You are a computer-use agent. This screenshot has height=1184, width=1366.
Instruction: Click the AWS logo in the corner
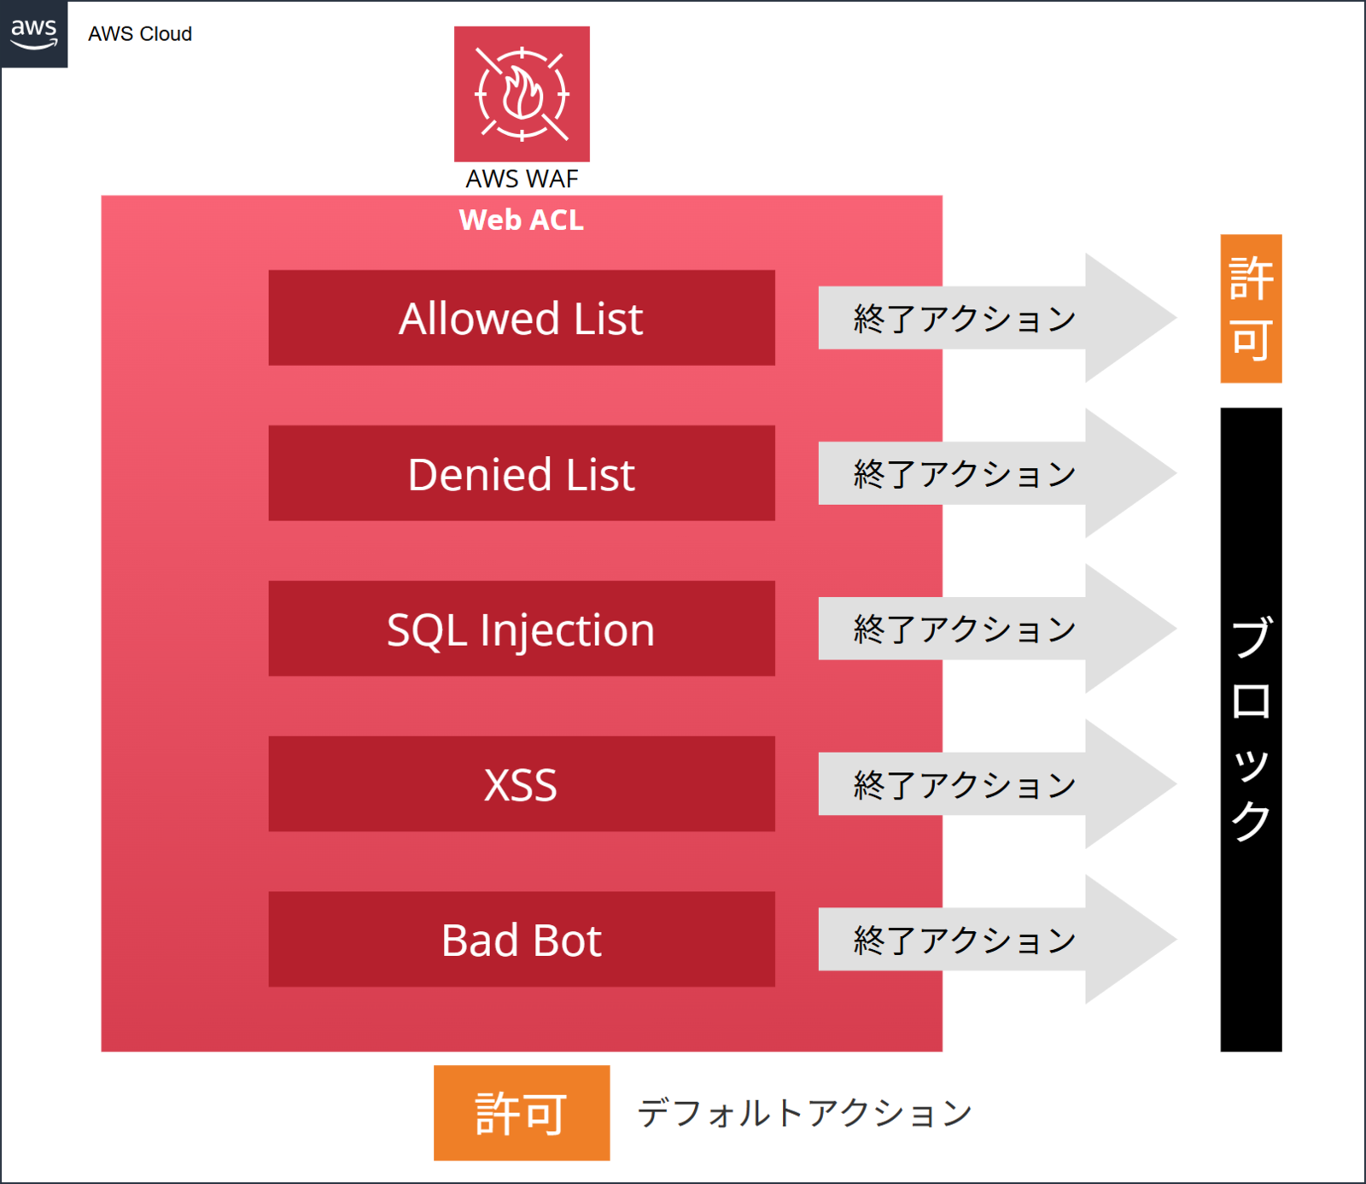[34, 34]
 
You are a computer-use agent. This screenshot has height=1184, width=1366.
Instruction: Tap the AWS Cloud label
[140, 34]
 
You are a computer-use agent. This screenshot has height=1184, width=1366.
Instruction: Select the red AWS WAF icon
[522, 94]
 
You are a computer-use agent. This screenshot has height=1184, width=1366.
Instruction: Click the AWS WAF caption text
[522, 179]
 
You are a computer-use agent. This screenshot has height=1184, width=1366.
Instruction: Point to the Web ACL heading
[522, 220]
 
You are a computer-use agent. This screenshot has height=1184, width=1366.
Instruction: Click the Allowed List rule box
[522, 318]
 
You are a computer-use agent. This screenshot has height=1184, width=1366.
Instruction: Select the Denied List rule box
[522, 473]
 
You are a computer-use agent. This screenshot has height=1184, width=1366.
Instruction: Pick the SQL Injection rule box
[522, 629]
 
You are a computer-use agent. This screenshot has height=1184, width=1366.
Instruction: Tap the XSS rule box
[522, 784]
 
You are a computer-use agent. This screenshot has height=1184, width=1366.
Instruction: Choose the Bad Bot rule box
[522, 940]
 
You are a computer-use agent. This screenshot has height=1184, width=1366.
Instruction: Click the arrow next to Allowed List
[997, 318]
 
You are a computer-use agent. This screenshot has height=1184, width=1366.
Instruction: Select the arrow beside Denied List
[997, 473]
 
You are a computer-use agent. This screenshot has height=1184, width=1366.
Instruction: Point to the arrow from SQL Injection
[997, 629]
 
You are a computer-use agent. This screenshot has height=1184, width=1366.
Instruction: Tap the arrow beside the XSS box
[997, 784]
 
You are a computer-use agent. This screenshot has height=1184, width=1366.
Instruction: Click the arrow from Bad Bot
[997, 940]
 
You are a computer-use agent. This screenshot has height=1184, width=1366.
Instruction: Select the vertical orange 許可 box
[1251, 308]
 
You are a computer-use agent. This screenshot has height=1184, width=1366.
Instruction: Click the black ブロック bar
[1251, 730]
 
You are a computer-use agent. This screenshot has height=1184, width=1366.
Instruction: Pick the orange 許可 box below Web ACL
[522, 1113]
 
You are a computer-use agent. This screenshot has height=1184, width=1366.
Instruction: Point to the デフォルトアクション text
[805, 1113]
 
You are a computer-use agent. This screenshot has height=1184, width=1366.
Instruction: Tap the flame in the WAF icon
[522, 93]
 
